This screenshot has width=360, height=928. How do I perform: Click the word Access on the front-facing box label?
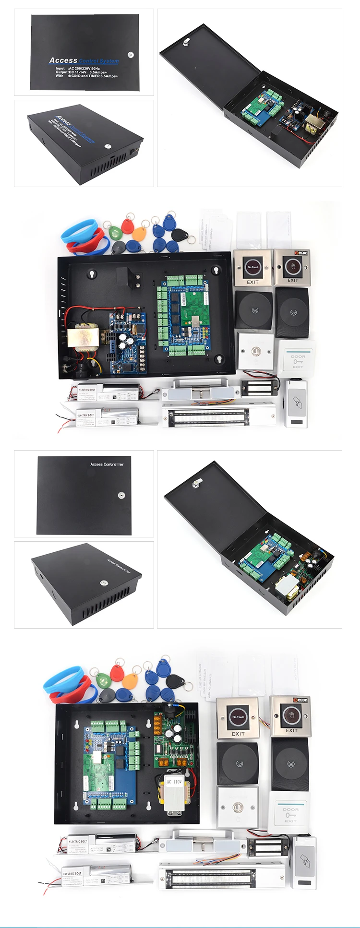pyautogui.click(x=63, y=60)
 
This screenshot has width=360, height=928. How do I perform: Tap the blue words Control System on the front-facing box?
pyautogui.click(x=99, y=61)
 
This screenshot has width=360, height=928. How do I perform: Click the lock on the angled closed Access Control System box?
pyautogui.click(x=108, y=146)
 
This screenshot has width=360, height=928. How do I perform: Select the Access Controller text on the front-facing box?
pyautogui.click(x=107, y=464)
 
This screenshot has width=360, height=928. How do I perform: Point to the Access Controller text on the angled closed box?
pyautogui.click(x=118, y=565)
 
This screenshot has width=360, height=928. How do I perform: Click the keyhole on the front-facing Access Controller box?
pyautogui.click(x=121, y=495)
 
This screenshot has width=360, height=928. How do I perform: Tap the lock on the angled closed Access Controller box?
pyautogui.click(x=103, y=583)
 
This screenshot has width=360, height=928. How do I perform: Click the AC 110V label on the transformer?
pyautogui.click(x=174, y=782)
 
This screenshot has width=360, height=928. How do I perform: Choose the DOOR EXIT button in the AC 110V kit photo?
pyautogui.click(x=290, y=813)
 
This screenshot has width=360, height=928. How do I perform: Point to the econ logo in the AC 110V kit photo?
pyautogui.click(x=300, y=700)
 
